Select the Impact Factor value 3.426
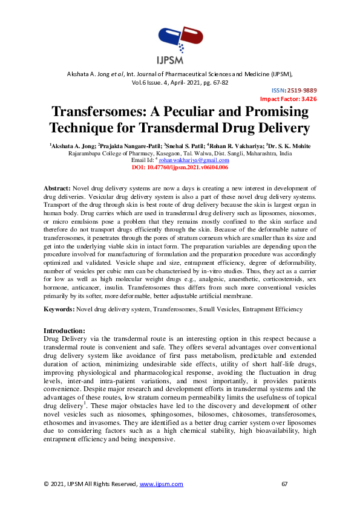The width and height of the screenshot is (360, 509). point(308,99)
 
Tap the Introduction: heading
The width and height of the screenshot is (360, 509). point(65,330)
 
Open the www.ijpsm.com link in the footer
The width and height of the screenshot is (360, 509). point(161,484)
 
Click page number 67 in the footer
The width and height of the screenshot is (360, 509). point(286,484)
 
